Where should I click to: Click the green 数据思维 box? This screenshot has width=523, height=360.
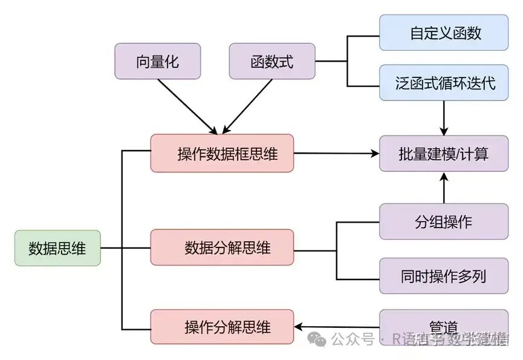[57, 248]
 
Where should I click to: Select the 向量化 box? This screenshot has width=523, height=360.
[157, 61]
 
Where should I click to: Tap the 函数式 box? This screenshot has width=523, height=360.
[272, 61]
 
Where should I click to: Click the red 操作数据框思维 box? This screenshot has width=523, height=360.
[222, 153]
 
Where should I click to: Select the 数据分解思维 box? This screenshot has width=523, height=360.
[222, 247]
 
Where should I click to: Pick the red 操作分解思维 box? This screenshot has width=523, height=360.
[222, 327]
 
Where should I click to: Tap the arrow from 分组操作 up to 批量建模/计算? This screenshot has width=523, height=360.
[444, 188]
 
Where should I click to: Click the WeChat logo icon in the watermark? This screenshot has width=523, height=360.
[317, 339]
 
